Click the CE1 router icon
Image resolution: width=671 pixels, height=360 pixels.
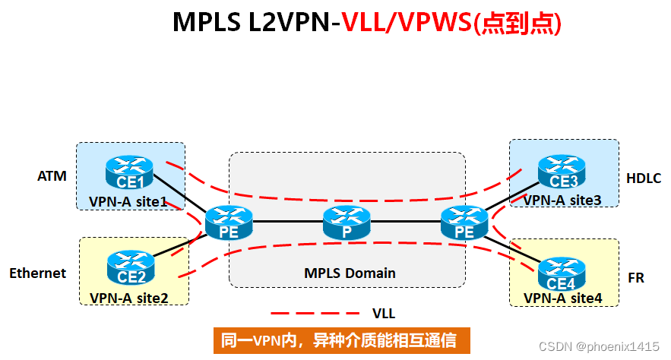(x=131, y=172)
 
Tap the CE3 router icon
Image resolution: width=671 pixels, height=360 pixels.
(x=563, y=171)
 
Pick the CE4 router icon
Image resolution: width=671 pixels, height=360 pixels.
(x=562, y=274)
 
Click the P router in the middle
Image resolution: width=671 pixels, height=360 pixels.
(x=347, y=223)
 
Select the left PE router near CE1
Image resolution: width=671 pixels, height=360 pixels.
(x=229, y=223)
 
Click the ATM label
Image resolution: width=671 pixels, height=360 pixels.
(x=52, y=177)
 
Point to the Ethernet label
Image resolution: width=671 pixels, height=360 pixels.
(x=38, y=273)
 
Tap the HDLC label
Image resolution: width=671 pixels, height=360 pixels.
(x=644, y=178)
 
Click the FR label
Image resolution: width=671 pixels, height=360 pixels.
(x=636, y=278)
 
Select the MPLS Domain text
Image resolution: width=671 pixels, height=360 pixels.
(x=350, y=273)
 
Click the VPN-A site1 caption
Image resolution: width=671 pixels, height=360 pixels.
(x=128, y=201)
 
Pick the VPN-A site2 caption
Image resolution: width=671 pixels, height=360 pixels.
(x=129, y=297)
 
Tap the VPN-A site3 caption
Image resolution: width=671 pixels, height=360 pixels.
(x=562, y=200)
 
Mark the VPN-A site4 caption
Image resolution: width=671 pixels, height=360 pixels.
(x=563, y=298)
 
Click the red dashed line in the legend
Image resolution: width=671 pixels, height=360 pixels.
(x=315, y=313)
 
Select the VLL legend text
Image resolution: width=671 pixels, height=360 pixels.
(x=383, y=313)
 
